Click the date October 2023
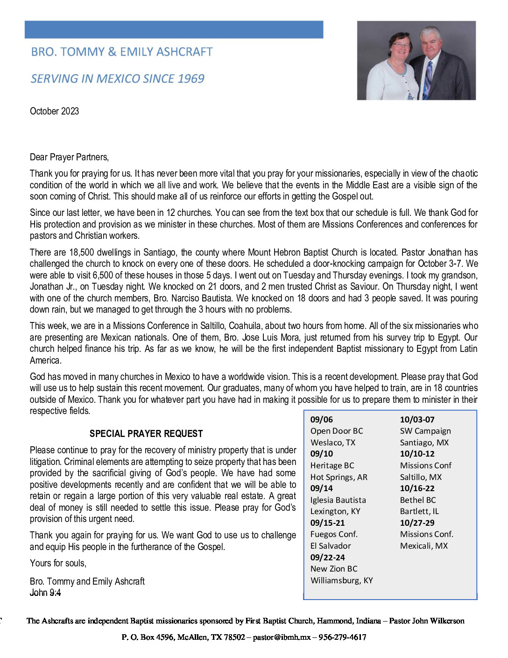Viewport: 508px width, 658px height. [x=54, y=111]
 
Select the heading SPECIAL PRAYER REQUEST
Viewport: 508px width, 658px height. [x=146, y=434]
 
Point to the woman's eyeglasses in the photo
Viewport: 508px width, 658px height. [x=402, y=45]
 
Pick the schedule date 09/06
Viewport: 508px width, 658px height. [x=322, y=420]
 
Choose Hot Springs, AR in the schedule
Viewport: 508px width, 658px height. [x=339, y=477]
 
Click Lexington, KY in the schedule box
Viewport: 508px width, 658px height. [x=335, y=511]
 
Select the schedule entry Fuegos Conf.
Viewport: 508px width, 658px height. [x=334, y=534]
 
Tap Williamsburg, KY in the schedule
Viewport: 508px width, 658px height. [x=342, y=580]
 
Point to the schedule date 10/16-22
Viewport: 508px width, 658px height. [x=417, y=488]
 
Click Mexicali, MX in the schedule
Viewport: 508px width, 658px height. [x=424, y=546]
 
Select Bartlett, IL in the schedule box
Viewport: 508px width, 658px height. [x=419, y=511]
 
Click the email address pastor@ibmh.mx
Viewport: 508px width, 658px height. [x=282, y=637]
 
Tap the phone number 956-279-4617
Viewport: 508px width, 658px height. [x=342, y=637]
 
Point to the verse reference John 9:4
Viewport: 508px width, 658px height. [x=45, y=593]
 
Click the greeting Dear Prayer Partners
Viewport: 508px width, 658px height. [x=69, y=157]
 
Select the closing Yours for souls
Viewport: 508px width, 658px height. [x=58, y=563]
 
